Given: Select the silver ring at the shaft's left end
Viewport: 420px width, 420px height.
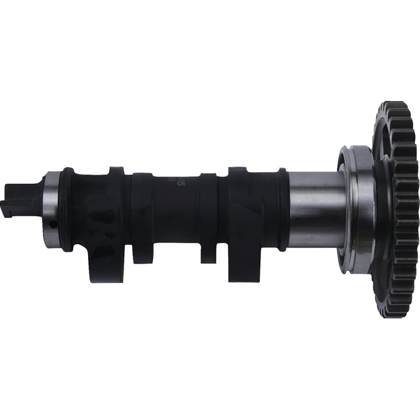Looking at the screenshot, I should pos(52,205).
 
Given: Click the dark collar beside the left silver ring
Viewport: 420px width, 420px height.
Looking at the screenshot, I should pos(67,208).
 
